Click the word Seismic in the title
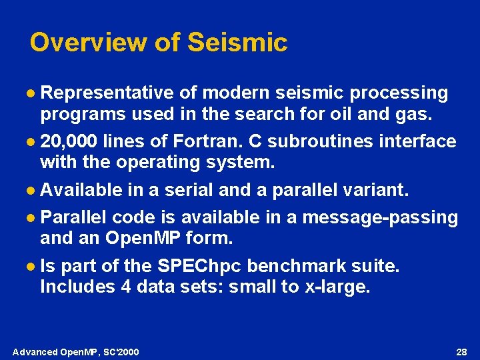(237, 43)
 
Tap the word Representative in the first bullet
(107, 93)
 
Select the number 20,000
(69, 141)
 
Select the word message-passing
(380, 217)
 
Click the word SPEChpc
(200, 266)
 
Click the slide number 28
(461, 351)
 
